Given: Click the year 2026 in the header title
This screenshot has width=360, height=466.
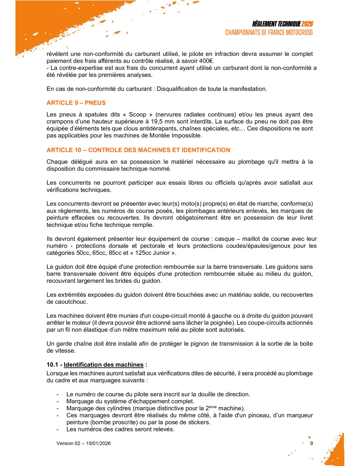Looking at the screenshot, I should click(307, 24).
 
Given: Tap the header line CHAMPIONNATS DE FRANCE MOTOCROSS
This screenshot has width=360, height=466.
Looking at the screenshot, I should click(269, 33).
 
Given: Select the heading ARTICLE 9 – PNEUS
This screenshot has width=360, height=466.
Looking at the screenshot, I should click(76, 103).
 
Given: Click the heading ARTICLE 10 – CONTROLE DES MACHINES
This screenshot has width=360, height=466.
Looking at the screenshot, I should click(138, 150).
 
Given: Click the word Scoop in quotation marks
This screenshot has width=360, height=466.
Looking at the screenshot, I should click(138, 115).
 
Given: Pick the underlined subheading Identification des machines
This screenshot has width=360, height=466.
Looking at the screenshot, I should click(104, 365).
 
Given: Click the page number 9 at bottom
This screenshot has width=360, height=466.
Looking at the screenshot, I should click(311, 443).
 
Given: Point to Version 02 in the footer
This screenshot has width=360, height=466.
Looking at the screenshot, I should click(68, 443).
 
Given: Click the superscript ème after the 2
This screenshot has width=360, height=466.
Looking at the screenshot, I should click(213, 407).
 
